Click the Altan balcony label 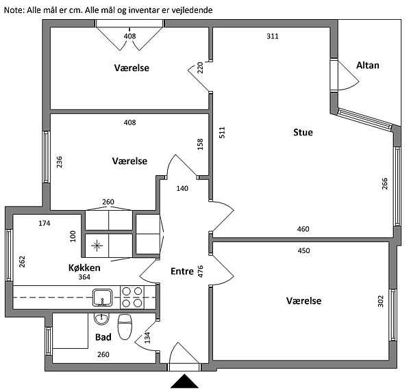point(367,66)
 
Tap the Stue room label point(303,132)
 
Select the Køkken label point(84,267)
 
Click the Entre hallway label point(182,272)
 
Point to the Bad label point(103,337)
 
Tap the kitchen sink point(103,297)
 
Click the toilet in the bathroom point(125,326)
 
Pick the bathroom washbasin point(102,318)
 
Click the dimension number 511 point(221,133)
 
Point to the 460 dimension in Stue point(303,229)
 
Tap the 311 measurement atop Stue point(272,36)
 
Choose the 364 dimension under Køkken point(84,277)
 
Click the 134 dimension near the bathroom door point(147,337)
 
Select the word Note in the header point(13,10)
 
